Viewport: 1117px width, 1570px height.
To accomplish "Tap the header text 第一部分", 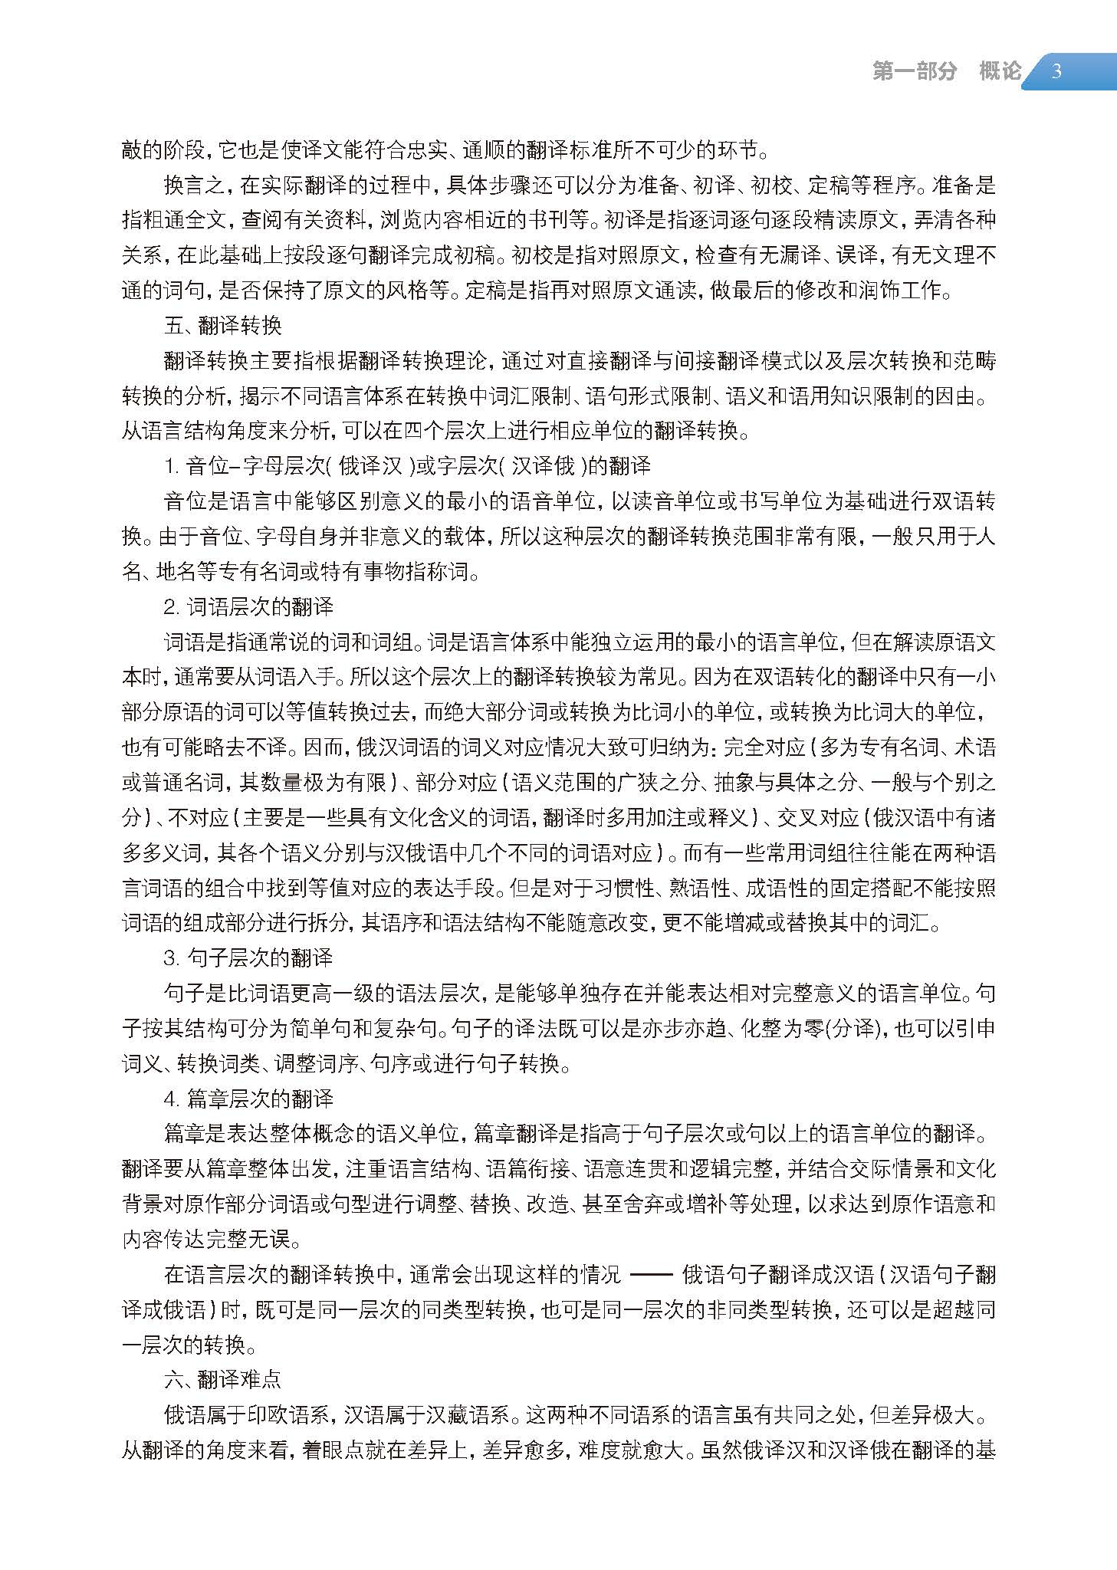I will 915,72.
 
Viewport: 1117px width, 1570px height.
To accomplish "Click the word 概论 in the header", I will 1000,72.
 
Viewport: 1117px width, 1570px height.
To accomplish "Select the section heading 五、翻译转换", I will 223,326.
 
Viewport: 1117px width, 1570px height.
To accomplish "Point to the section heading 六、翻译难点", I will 223,1380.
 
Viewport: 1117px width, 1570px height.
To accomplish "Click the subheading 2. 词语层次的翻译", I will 249,607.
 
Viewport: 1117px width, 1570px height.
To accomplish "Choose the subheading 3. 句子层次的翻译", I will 249,958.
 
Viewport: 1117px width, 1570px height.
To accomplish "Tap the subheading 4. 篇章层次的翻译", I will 249,1099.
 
